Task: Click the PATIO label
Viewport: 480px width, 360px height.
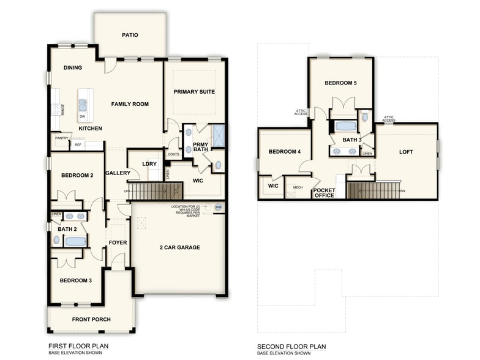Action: (129, 35)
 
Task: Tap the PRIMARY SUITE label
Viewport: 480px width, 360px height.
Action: (194, 92)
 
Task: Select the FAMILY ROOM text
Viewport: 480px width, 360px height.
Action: (130, 104)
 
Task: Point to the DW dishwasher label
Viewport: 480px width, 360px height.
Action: (82, 116)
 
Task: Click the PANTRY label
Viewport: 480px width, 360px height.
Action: (61, 138)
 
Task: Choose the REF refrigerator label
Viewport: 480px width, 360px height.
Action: (78, 145)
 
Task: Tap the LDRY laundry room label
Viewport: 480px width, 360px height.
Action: (149, 163)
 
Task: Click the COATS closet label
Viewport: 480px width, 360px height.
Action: (173, 154)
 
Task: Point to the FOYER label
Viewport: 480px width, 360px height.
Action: (118, 242)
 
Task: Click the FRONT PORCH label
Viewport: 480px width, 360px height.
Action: (91, 320)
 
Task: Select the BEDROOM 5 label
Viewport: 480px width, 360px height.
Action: (340, 83)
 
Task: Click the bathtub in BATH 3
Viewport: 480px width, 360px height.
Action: (346, 127)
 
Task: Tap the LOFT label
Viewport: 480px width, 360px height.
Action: (407, 152)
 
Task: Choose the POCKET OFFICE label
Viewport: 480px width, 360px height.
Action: (324, 193)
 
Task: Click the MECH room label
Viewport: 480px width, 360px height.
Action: (298, 187)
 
